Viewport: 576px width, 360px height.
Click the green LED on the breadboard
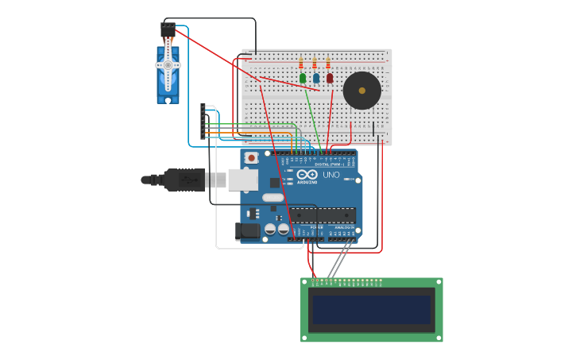pyautogui.click(x=303, y=78)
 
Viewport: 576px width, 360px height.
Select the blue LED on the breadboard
pyautogui.click(x=316, y=78)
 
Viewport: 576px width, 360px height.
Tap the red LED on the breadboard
pyautogui.click(x=330, y=78)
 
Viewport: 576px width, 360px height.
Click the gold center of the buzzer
pyautogui.click(x=362, y=91)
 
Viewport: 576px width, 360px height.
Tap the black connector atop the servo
pyautogui.click(x=168, y=29)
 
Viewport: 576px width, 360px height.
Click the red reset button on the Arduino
pyautogui.click(x=252, y=158)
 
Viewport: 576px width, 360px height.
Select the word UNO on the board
pyautogui.click(x=331, y=175)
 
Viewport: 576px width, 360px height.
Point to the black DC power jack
pyautogui.click(x=247, y=230)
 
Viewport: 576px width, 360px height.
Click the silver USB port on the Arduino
pyautogui.click(x=243, y=180)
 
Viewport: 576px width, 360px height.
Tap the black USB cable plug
pyautogui.click(x=184, y=180)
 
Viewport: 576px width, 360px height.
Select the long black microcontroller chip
pyautogui.click(x=321, y=215)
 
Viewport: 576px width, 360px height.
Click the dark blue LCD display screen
pyautogui.click(x=372, y=310)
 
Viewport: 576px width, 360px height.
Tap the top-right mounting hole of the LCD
pyautogui.click(x=438, y=282)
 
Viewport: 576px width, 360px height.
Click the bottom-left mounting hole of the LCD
pyautogui.click(x=305, y=338)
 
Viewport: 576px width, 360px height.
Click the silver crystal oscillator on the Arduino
pyautogui.click(x=273, y=197)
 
